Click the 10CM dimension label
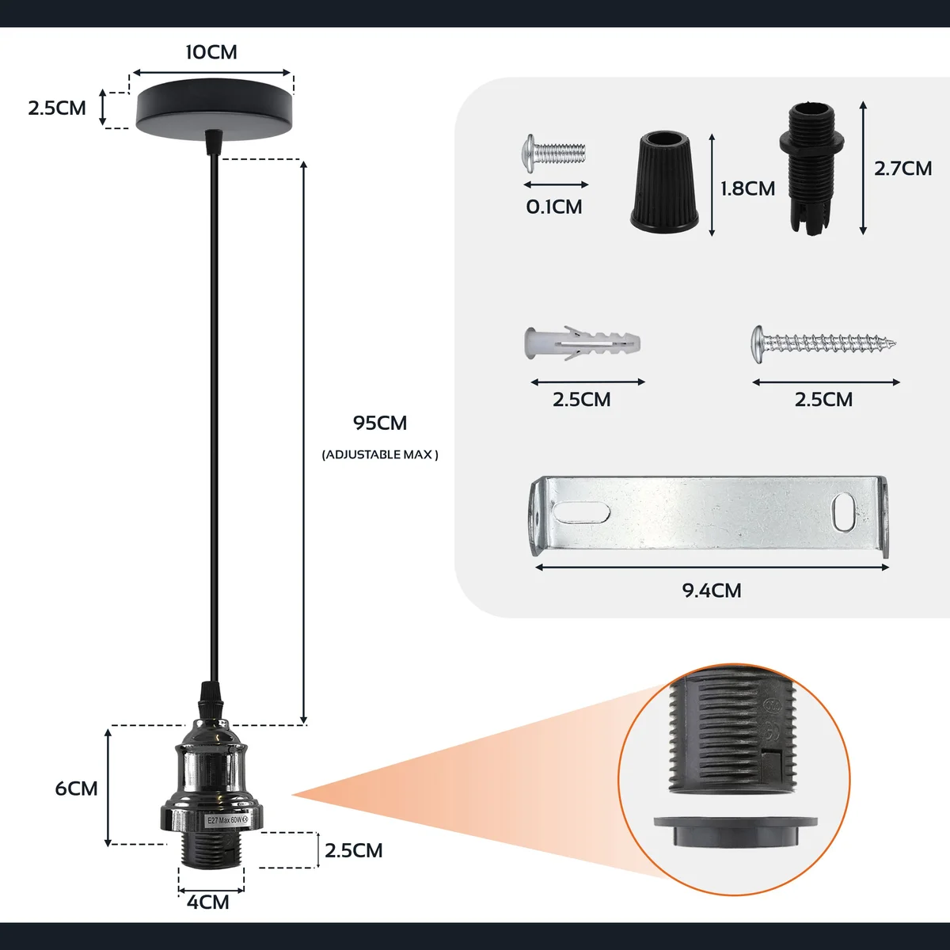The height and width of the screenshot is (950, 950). tap(211, 52)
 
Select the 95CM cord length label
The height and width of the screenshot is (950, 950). tap(380, 424)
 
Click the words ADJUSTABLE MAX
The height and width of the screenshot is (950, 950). tap(380, 455)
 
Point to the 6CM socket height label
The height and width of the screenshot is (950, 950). tap(77, 788)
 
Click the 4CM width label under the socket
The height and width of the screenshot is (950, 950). tap(208, 902)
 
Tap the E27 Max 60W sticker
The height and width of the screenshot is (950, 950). tap(227, 821)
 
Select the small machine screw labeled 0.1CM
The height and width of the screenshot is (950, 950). tap(554, 150)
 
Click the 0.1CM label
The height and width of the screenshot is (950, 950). tap(554, 207)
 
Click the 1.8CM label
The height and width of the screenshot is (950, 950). tap(747, 188)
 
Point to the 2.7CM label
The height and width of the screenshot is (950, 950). tap(903, 169)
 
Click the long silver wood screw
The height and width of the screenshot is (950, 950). tap(823, 343)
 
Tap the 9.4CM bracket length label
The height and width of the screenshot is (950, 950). tap(712, 591)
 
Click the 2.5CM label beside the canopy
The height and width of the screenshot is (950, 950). tap(57, 108)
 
